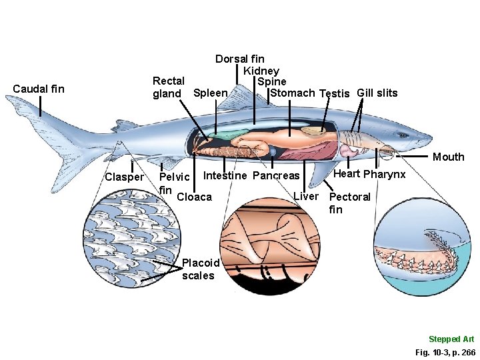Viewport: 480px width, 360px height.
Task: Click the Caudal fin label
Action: [x=39, y=88]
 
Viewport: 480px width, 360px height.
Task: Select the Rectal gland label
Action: [x=169, y=87]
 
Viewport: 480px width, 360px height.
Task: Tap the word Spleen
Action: [x=210, y=92]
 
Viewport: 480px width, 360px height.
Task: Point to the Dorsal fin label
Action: [x=239, y=59]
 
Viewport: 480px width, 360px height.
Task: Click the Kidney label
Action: [x=261, y=71]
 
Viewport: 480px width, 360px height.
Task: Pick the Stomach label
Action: [x=292, y=93]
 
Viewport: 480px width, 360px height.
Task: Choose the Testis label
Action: [x=335, y=93]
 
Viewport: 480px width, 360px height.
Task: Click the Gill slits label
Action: [x=377, y=93]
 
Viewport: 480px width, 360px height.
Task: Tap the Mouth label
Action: [x=448, y=157]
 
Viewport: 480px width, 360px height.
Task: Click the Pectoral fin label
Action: [x=350, y=203]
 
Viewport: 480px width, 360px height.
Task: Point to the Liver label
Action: [x=306, y=196]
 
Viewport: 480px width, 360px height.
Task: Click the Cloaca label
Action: [x=194, y=197]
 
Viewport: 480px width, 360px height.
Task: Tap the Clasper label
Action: [x=124, y=177]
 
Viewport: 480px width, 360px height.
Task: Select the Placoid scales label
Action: [x=199, y=269]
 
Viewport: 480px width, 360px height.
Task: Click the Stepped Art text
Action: [x=451, y=339]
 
